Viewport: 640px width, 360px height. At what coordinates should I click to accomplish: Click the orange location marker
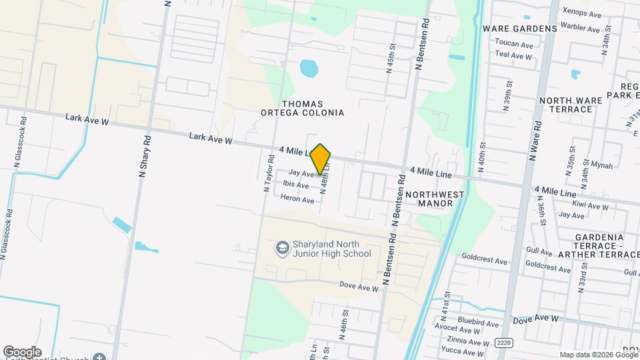pyautogui.click(x=321, y=159)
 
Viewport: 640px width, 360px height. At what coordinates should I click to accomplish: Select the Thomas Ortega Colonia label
pyautogui.click(x=313, y=109)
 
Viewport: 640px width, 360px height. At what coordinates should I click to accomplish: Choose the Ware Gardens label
pyautogui.click(x=519, y=29)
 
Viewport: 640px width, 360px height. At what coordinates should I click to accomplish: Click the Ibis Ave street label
pyautogui.click(x=296, y=185)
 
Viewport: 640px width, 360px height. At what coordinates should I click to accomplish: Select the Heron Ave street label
pyautogui.click(x=297, y=199)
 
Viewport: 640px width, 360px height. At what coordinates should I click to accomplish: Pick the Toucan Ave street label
pyautogui.click(x=514, y=45)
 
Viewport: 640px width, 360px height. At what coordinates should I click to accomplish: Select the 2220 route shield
pyautogui.click(x=504, y=342)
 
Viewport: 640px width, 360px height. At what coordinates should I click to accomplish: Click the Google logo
pyautogui.click(x=22, y=352)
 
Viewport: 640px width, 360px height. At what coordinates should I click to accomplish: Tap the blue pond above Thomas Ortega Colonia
pyautogui.click(x=309, y=67)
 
